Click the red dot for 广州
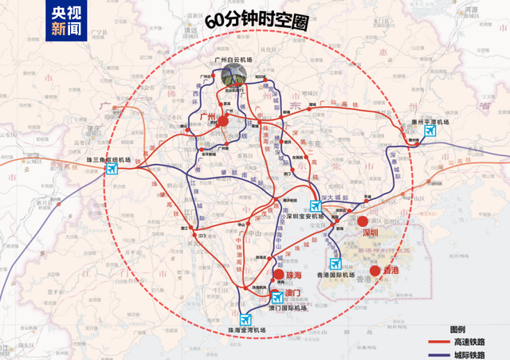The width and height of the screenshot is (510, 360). (224, 121)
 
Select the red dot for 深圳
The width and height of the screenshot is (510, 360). (363, 221)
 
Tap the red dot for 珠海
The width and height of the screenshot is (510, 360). (279, 274)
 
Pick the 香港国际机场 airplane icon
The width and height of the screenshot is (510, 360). (335, 264)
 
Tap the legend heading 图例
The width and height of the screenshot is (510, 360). (457, 328)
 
